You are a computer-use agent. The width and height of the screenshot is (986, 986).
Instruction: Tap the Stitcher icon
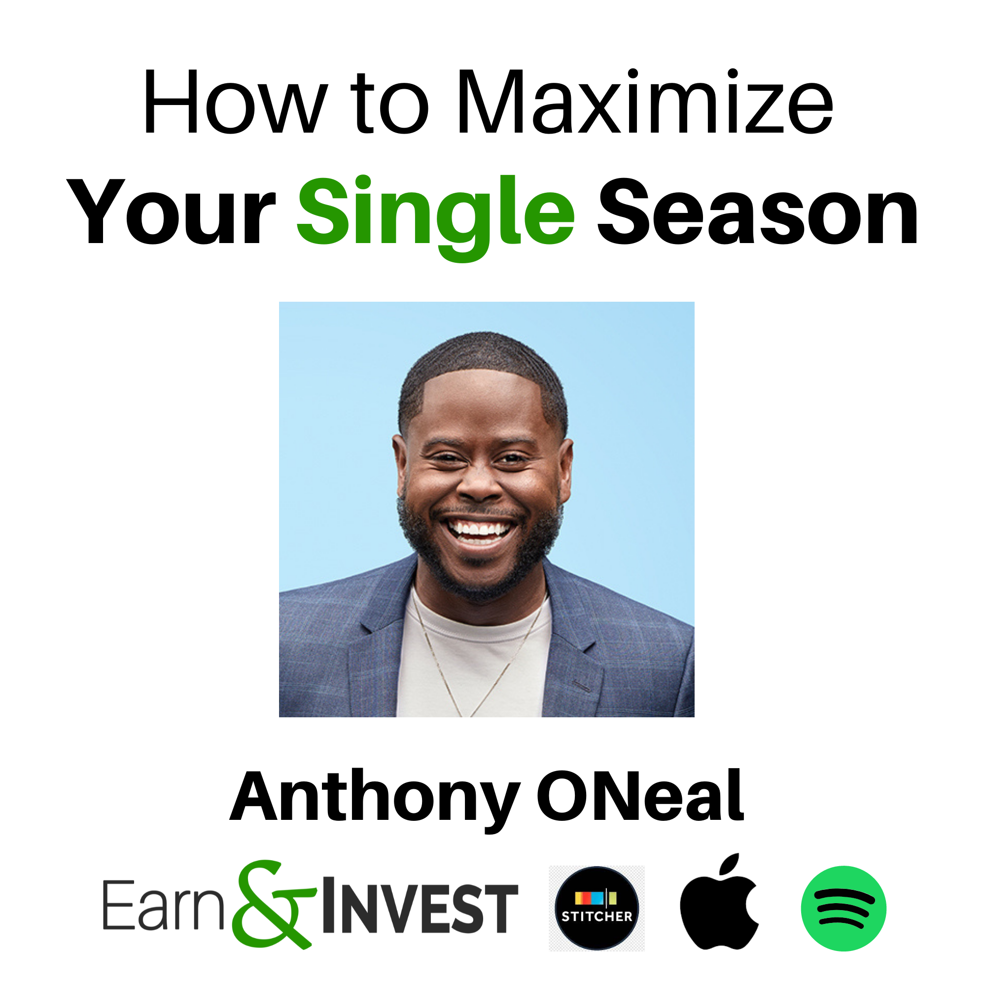point(597,908)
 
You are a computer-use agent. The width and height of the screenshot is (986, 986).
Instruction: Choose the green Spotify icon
point(843,909)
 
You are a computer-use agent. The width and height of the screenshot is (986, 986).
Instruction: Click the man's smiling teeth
point(478,529)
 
